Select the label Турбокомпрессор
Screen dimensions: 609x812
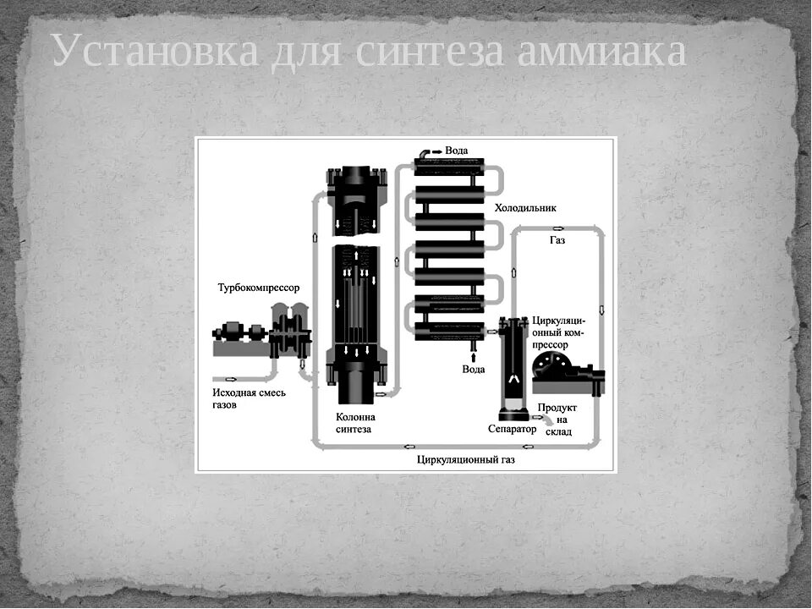coord(259,288)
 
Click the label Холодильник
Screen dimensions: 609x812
coord(525,207)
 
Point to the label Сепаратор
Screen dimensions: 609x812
coord(513,429)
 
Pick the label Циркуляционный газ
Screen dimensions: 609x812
coord(465,460)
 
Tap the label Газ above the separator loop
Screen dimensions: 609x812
coord(557,240)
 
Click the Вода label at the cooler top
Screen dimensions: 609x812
coord(457,151)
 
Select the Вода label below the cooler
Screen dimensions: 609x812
coord(474,370)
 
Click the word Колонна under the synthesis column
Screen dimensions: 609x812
coord(355,416)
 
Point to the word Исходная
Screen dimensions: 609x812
coord(237,392)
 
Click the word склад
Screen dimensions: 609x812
coord(558,432)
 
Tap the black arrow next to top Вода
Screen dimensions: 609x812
coord(436,151)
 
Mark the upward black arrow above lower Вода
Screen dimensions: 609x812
coord(473,356)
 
